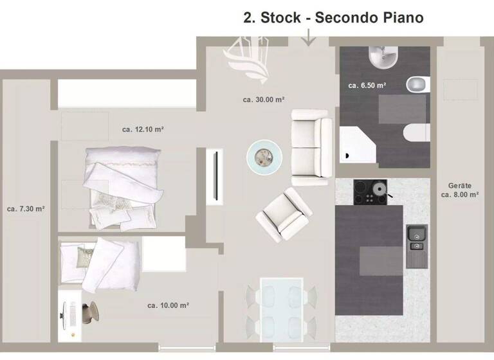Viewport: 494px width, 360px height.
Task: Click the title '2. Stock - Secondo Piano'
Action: click(x=333, y=17)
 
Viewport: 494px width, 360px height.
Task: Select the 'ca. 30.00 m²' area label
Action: click(x=264, y=100)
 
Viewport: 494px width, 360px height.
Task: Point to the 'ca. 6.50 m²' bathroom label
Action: click(x=367, y=85)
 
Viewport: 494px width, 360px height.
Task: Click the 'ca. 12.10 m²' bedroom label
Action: click(x=143, y=130)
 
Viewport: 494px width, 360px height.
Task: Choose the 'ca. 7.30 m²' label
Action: click(x=26, y=209)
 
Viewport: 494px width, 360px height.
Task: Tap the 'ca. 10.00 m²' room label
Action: click(x=168, y=305)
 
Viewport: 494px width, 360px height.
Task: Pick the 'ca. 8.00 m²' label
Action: click(x=459, y=194)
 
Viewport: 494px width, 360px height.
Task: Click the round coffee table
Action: click(x=264, y=156)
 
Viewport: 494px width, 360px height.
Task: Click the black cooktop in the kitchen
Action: click(x=370, y=192)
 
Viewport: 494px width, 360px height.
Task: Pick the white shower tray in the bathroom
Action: click(x=360, y=143)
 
